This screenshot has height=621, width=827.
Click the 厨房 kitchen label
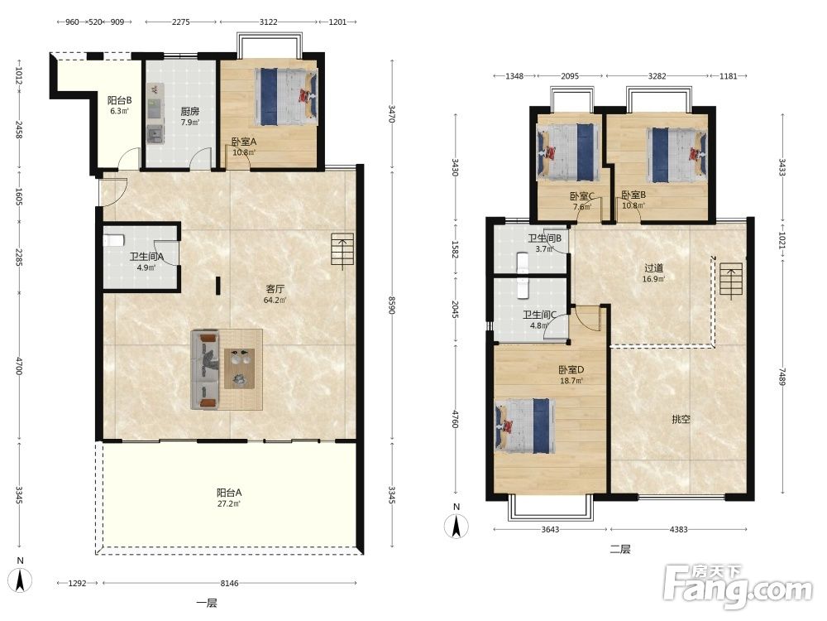[190, 112]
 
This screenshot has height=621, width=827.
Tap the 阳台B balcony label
[120, 100]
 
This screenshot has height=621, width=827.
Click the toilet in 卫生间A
[112, 240]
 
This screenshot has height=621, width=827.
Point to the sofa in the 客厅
[205, 369]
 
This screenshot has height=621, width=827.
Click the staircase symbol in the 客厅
[342, 249]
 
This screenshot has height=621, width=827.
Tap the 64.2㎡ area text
[275, 301]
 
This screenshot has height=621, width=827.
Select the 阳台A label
[229, 493]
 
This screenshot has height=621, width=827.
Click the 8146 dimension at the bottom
[229, 584]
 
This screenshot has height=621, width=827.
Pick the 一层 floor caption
[207, 603]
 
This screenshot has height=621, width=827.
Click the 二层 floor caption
[620, 549]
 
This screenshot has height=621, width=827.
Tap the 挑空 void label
[681, 420]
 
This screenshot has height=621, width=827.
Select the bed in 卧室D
[525, 426]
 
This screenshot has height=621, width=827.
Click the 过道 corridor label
[653, 268]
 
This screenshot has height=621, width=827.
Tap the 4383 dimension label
[678, 530]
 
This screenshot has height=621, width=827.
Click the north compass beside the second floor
[457, 527]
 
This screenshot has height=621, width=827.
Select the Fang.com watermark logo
[738, 587]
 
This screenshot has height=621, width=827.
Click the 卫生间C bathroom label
[539, 315]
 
